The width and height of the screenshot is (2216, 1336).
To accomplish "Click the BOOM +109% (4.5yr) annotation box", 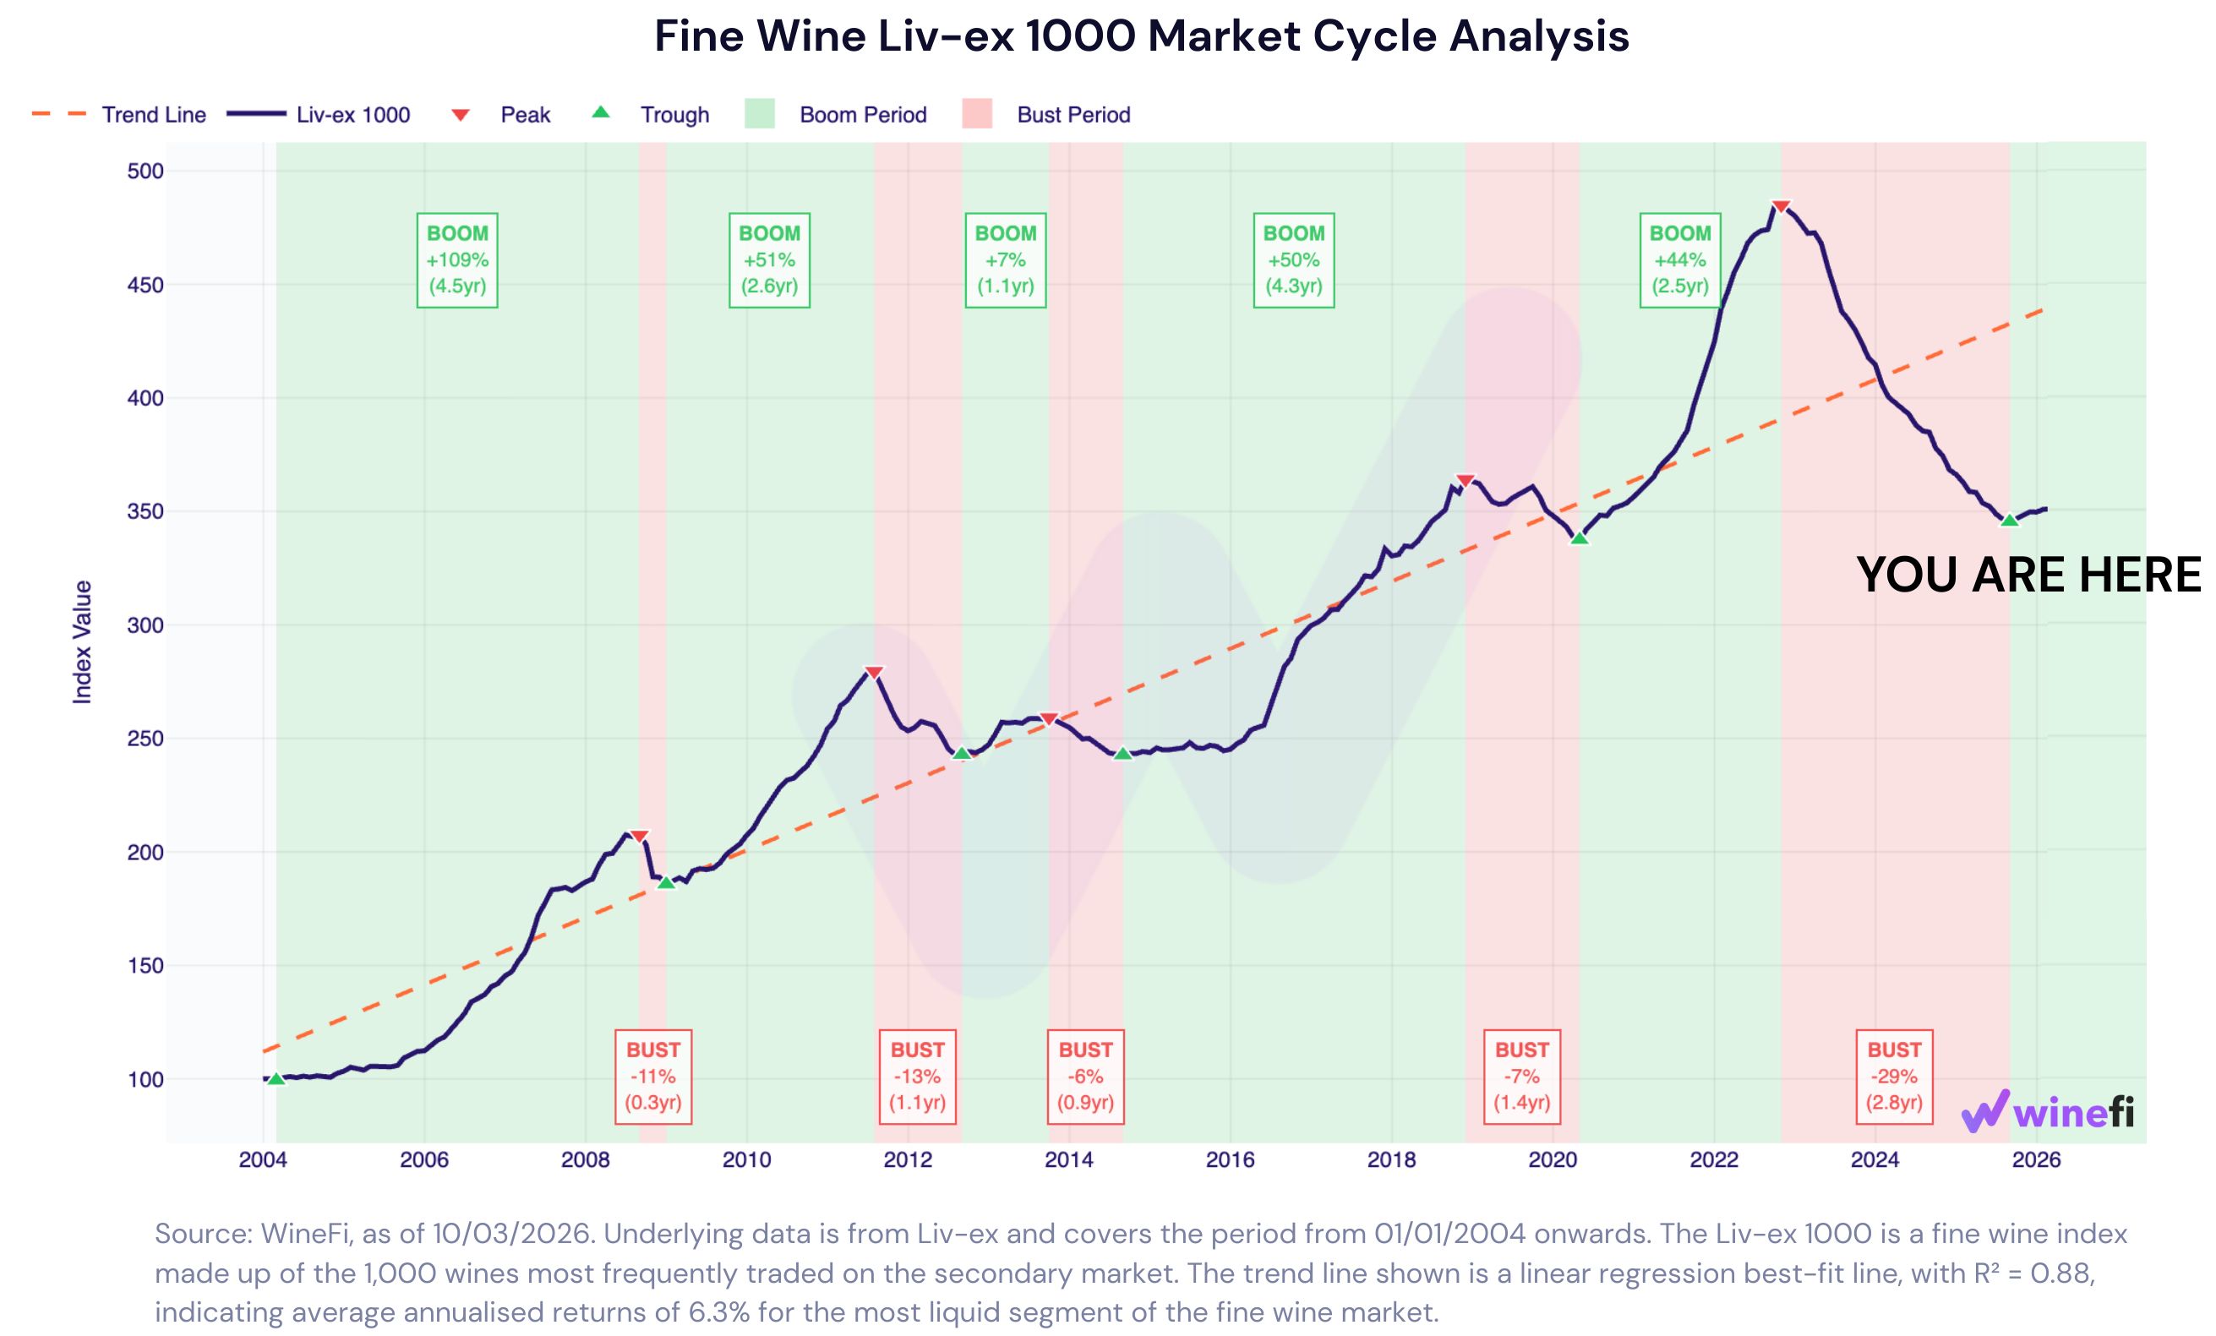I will tap(457, 259).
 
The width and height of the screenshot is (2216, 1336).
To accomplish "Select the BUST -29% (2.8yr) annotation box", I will tap(1894, 1077).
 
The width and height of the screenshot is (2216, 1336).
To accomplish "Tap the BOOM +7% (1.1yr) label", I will tap(1006, 259).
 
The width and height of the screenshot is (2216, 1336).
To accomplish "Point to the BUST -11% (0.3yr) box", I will tap(653, 1077).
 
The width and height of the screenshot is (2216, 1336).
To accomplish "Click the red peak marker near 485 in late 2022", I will tap(1780, 207).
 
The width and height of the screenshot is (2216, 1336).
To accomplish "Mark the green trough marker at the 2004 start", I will tap(276, 1078).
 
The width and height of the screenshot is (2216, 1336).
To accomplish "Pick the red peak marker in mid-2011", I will tap(873, 673).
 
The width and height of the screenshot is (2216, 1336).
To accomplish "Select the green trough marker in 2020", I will tap(1580, 537).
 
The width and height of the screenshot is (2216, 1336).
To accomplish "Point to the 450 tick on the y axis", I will tap(145, 285).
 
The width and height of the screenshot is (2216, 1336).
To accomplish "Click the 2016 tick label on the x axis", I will tap(1230, 1159).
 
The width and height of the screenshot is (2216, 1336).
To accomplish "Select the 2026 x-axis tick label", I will tap(2036, 1159).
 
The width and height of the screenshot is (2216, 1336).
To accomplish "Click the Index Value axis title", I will tap(82, 642).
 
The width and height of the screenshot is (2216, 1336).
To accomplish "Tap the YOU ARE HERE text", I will tap(2028, 575).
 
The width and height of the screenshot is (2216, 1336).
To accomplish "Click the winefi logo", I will tap(2047, 1112).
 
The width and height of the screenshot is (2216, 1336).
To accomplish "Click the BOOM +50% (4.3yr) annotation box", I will tap(1293, 259).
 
